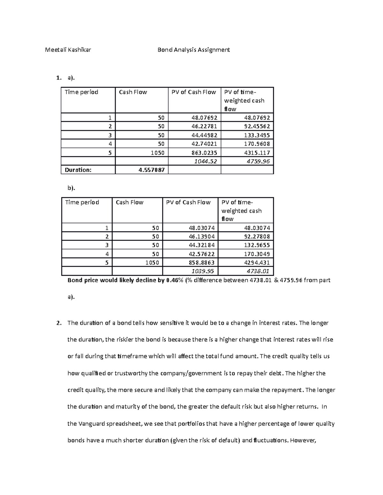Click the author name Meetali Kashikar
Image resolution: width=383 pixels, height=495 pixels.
pyautogui.click(x=68, y=50)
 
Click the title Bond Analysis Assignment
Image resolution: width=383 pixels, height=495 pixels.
pyautogui.click(x=194, y=50)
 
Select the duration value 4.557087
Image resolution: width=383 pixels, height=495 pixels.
pyautogui.click(x=152, y=170)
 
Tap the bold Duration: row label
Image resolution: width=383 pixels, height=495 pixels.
pyautogui.click(x=78, y=170)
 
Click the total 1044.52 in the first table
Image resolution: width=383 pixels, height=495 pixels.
pyautogui.click(x=206, y=161)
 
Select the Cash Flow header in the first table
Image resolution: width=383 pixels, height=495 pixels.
pyautogui.click(x=133, y=92)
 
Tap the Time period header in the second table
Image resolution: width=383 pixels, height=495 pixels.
pyautogui.click(x=82, y=202)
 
